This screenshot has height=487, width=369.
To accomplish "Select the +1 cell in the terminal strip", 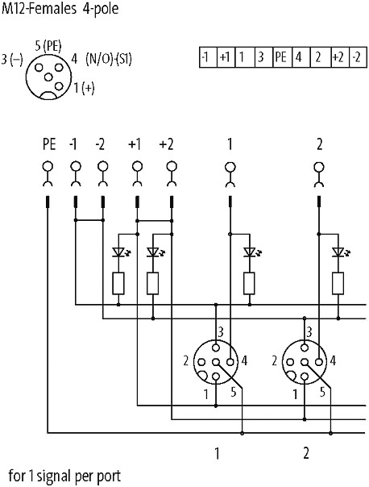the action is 226,57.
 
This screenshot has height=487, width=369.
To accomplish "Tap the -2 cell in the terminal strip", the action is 359,57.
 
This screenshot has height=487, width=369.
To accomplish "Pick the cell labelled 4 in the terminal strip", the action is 301,57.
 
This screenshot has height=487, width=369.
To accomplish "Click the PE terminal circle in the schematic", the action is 48,167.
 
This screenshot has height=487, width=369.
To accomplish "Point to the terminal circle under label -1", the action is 76,167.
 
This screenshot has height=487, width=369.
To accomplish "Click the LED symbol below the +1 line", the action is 119,252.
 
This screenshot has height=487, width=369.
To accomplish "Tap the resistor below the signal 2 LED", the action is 338,283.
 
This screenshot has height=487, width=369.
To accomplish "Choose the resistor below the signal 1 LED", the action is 249,283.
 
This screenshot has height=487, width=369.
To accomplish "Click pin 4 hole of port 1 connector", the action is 230,362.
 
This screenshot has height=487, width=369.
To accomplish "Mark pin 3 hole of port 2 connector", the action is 305,348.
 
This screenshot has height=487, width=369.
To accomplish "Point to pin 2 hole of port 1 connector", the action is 201,362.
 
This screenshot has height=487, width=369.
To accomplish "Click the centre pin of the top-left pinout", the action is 48,77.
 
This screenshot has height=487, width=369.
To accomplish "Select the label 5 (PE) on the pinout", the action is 48,46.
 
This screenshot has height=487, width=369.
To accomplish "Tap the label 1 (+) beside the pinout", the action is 84,88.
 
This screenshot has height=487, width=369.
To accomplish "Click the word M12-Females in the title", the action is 39,8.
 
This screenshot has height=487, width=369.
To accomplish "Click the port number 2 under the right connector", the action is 306,453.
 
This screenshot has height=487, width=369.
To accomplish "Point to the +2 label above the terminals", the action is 166,144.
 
